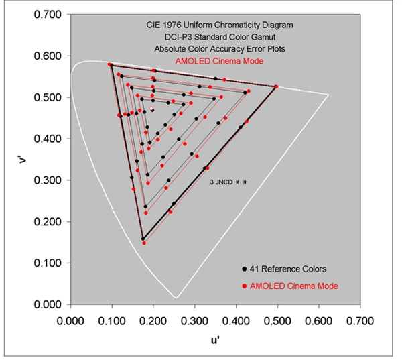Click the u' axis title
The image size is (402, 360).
(x=216, y=340)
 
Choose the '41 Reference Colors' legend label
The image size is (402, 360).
(x=289, y=269)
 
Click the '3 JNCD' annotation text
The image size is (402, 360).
(x=220, y=182)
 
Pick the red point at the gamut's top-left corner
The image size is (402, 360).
(x=109, y=64)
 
